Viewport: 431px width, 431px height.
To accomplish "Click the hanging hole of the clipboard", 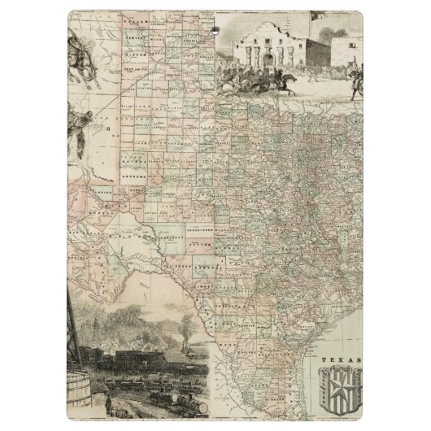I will pyautogui.click(x=216, y=29).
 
